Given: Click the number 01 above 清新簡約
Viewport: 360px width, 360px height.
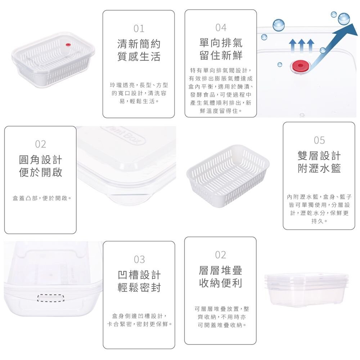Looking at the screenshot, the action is coord(139,29).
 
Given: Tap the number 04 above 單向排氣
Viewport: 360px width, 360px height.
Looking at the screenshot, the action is coord(221,28).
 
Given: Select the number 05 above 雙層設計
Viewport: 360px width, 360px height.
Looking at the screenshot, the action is coord(319,140).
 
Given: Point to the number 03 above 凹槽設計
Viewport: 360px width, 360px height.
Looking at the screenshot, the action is coord(139,260).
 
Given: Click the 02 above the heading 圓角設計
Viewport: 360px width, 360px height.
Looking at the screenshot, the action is coord(41,144).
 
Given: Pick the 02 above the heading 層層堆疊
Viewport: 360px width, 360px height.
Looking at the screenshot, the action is coord(221,255).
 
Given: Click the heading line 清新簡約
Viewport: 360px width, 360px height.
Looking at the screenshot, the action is coord(139,44).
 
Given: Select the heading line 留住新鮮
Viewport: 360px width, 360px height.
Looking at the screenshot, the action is coord(221,55).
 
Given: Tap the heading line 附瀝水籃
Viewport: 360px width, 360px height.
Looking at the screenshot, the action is coord(319,168).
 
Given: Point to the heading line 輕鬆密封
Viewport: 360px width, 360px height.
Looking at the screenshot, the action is coord(139,287).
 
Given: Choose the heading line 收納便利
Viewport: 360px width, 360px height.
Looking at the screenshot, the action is coord(221,283).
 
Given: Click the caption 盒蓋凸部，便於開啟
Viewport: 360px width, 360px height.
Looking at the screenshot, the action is coord(40,198).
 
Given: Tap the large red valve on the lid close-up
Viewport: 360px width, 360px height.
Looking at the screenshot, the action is coord(300,66).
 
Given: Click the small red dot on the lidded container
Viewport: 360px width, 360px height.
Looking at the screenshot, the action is coord(68,45).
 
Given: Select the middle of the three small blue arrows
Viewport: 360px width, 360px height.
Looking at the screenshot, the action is coord(301,45).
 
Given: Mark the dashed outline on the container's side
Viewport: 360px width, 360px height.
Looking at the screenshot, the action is coord(51,298).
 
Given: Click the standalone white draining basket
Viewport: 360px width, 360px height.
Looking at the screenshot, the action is coord(228,176).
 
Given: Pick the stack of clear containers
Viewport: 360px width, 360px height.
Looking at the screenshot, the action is coord(306,289).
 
